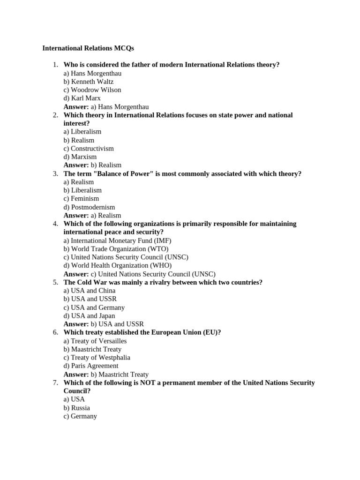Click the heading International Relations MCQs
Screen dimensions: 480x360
pyautogui.click(x=88, y=48)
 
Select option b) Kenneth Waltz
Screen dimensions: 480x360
pyautogui.click(x=89, y=82)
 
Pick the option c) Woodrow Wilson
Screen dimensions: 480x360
pyautogui.click(x=92, y=90)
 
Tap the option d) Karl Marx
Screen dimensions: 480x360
pyautogui.click(x=82, y=98)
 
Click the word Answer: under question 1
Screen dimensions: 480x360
pyautogui.click(x=76, y=107)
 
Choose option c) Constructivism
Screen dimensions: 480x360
pyautogui.click(x=89, y=149)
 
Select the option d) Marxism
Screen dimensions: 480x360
pyautogui.click(x=80, y=157)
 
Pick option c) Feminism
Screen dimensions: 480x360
pyautogui.click(x=82, y=199)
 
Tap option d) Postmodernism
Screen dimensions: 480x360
pyautogui.click(x=89, y=207)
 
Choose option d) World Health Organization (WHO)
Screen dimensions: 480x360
pyautogui.click(x=118, y=266)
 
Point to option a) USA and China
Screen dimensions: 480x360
pyautogui.click(x=90, y=291)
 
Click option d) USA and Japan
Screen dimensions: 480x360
pyautogui.click(x=89, y=316)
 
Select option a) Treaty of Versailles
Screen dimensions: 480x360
pyautogui.click(x=95, y=341)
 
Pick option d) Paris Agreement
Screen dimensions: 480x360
pyautogui.click(x=91, y=366)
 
